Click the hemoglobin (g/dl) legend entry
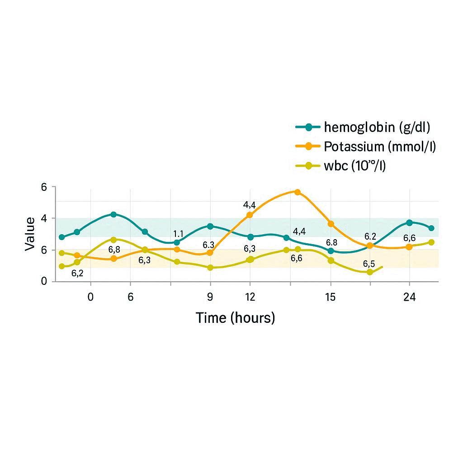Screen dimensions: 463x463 (x=377, y=128)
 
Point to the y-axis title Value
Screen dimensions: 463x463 (x=30, y=234)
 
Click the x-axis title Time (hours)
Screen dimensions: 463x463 (x=235, y=318)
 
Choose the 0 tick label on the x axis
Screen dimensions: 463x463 (x=90, y=297)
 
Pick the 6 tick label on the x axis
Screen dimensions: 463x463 (x=131, y=297)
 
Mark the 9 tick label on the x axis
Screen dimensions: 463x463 (x=210, y=297)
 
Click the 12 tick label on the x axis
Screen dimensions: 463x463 (x=250, y=297)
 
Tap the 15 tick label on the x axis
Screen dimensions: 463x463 (x=331, y=297)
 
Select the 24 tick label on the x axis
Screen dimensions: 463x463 (x=410, y=297)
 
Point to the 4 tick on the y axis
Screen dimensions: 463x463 (x=44, y=218)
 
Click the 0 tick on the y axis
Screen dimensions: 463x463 (x=44, y=281)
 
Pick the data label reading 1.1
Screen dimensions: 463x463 (x=178, y=234)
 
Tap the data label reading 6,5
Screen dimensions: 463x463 (x=369, y=264)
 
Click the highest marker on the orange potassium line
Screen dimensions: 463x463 (x=297, y=192)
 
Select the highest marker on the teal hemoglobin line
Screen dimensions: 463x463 (x=113, y=214)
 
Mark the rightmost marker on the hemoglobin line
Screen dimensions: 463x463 (x=431, y=228)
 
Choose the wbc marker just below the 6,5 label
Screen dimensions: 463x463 (x=370, y=272)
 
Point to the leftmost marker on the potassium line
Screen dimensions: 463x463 (x=77, y=255)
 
